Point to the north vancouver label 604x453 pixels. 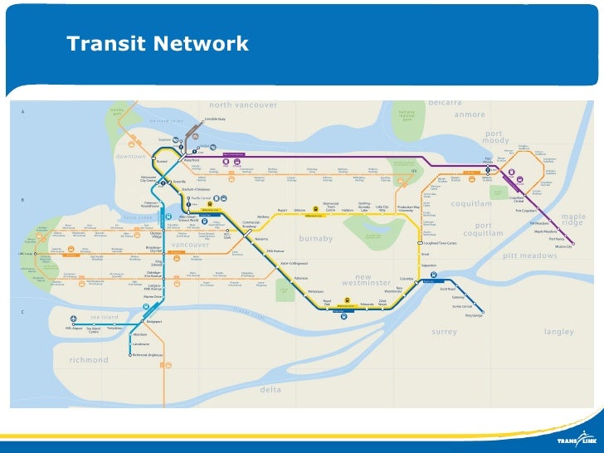click(243, 105)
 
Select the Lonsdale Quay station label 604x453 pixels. click(216, 119)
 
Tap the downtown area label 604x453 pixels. click(131, 156)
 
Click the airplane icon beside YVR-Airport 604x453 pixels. click(75, 319)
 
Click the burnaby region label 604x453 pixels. click(315, 239)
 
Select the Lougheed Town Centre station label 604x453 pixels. click(440, 243)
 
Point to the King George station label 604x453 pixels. click(474, 315)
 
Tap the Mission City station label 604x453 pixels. click(564, 246)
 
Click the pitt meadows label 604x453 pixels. click(530, 256)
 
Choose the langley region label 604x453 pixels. click(558, 331)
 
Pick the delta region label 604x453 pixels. click(270, 389)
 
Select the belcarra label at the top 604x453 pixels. click(445, 102)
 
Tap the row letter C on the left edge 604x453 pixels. click(22, 311)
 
